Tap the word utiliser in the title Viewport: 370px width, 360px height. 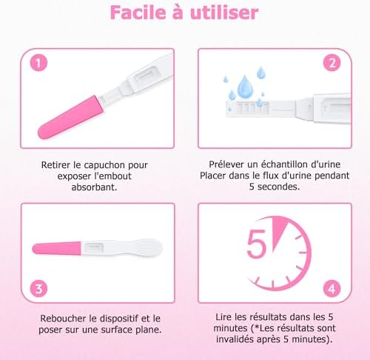tap(224, 13)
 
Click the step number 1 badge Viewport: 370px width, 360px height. tap(38, 63)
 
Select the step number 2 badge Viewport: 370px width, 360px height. tap(332, 63)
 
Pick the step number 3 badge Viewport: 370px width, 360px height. tap(38, 289)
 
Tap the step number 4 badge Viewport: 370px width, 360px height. tap(332, 289)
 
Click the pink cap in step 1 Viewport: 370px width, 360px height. tap(71, 117)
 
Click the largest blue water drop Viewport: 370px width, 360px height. tap(244, 87)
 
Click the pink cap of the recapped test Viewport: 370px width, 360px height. tap(57, 248)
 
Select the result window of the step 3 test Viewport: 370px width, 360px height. tap(94, 247)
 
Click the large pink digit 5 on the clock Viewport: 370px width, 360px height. tap(257, 244)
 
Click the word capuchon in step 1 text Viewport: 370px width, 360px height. tap(104, 165)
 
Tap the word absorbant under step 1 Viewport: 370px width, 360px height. tap(94, 187)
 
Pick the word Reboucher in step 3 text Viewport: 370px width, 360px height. tap(64, 319)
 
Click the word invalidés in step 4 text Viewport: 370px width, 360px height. tap(235, 339)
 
